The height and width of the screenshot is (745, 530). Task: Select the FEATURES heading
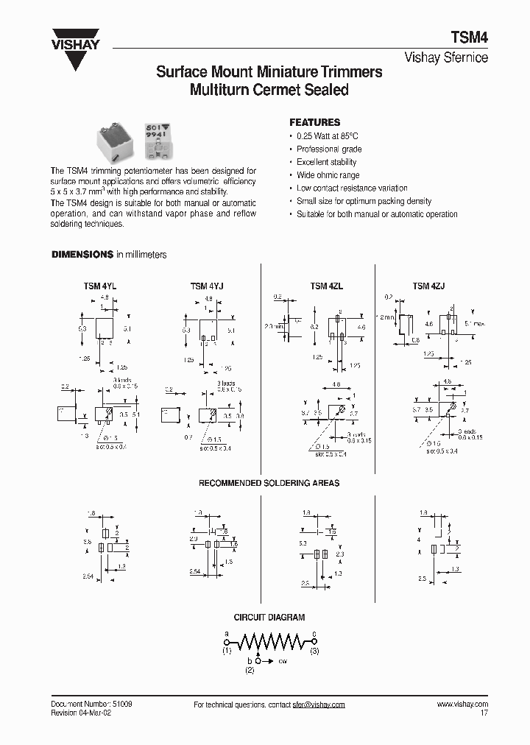point(314,122)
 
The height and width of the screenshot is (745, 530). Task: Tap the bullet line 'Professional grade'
point(329,149)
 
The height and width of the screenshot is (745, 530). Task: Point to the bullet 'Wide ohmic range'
point(328,175)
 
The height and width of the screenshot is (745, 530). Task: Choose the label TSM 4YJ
point(208,286)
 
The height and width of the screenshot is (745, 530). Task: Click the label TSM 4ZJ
point(429,286)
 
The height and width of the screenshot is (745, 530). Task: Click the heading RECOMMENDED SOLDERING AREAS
point(269,483)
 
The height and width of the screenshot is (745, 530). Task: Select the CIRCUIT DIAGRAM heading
point(269,618)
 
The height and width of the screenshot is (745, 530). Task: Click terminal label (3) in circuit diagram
point(314,652)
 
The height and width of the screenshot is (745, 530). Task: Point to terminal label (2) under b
point(250,671)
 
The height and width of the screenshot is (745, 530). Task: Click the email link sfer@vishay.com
point(319,705)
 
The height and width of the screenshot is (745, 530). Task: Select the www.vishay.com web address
point(462,705)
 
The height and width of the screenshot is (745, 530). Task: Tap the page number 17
point(484,713)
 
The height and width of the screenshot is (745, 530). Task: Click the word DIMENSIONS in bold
point(82,255)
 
